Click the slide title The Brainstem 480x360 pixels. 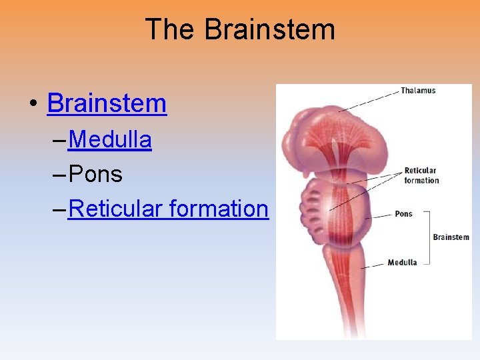[x=239, y=30]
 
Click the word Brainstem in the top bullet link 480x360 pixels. [x=107, y=103]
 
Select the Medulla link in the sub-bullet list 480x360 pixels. [x=110, y=140]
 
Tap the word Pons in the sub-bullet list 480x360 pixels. [x=95, y=175]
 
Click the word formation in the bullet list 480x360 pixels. [x=219, y=209]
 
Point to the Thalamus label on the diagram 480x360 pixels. [x=418, y=91]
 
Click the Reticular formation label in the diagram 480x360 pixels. [x=421, y=175]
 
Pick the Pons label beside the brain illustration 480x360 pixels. [x=403, y=214]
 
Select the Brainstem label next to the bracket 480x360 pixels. [x=451, y=237]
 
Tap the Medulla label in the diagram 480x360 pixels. [x=402, y=262]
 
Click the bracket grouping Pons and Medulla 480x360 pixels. [x=428, y=237]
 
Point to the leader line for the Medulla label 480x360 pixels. [x=373, y=265]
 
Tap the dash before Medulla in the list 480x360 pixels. [x=57, y=141]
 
